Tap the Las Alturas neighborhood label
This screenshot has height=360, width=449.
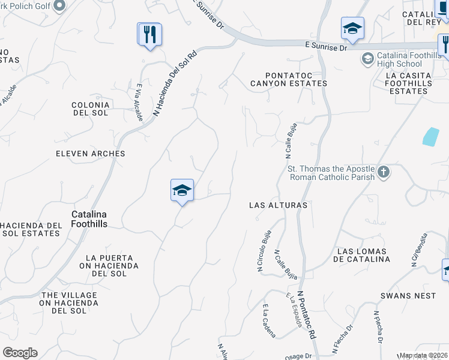(x=278, y=205)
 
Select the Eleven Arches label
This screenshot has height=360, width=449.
(x=91, y=154)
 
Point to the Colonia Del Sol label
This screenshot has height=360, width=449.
(x=90, y=109)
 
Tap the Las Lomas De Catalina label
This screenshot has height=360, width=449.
(x=364, y=255)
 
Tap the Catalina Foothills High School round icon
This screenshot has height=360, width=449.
(x=367, y=59)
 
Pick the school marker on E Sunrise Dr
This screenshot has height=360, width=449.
(x=352, y=28)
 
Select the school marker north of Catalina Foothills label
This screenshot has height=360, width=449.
(x=182, y=191)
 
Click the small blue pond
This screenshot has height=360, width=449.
(x=430, y=137)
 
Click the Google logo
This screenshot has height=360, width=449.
(x=20, y=353)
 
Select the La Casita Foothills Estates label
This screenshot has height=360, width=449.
(x=408, y=83)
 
